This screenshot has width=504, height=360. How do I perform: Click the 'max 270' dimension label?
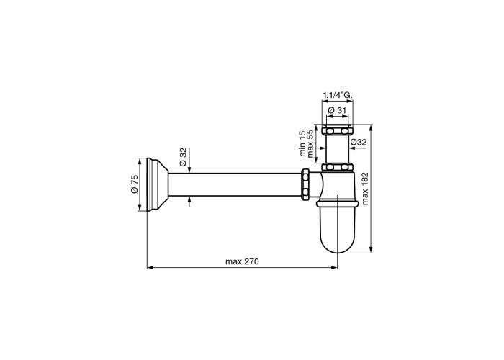click(242, 261)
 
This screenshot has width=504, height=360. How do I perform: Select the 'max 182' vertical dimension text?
click(365, 189)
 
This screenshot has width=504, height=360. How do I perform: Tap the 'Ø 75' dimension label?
click(135, 184)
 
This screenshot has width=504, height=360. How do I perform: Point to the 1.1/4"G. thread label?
click(338, 95)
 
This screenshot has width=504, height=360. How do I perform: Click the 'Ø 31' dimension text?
click(337, 110)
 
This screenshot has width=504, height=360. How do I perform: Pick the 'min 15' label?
click(303, 143)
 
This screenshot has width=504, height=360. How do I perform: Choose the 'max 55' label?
click(310, 143)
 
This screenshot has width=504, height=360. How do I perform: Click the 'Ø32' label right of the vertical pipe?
click(359, 142)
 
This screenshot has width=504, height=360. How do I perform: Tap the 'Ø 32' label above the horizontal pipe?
click(183, 157)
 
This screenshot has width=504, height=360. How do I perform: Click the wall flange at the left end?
click(158, 184)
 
